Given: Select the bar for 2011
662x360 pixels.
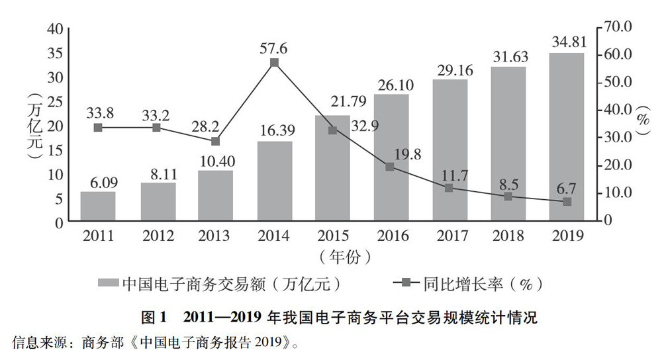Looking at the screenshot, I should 98,206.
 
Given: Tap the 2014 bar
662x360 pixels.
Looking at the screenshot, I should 274,181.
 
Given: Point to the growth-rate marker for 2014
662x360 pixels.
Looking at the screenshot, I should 274,63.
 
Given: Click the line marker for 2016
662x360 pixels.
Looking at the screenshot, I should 390,167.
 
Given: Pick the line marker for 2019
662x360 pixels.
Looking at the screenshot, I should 567,201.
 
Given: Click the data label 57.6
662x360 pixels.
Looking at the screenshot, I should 274,47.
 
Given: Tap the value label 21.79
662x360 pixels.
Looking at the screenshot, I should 333,105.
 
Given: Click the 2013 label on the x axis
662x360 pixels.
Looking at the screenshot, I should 215,236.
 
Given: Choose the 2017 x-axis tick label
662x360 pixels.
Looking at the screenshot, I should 449,236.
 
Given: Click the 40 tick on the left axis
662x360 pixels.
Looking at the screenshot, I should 55,28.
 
